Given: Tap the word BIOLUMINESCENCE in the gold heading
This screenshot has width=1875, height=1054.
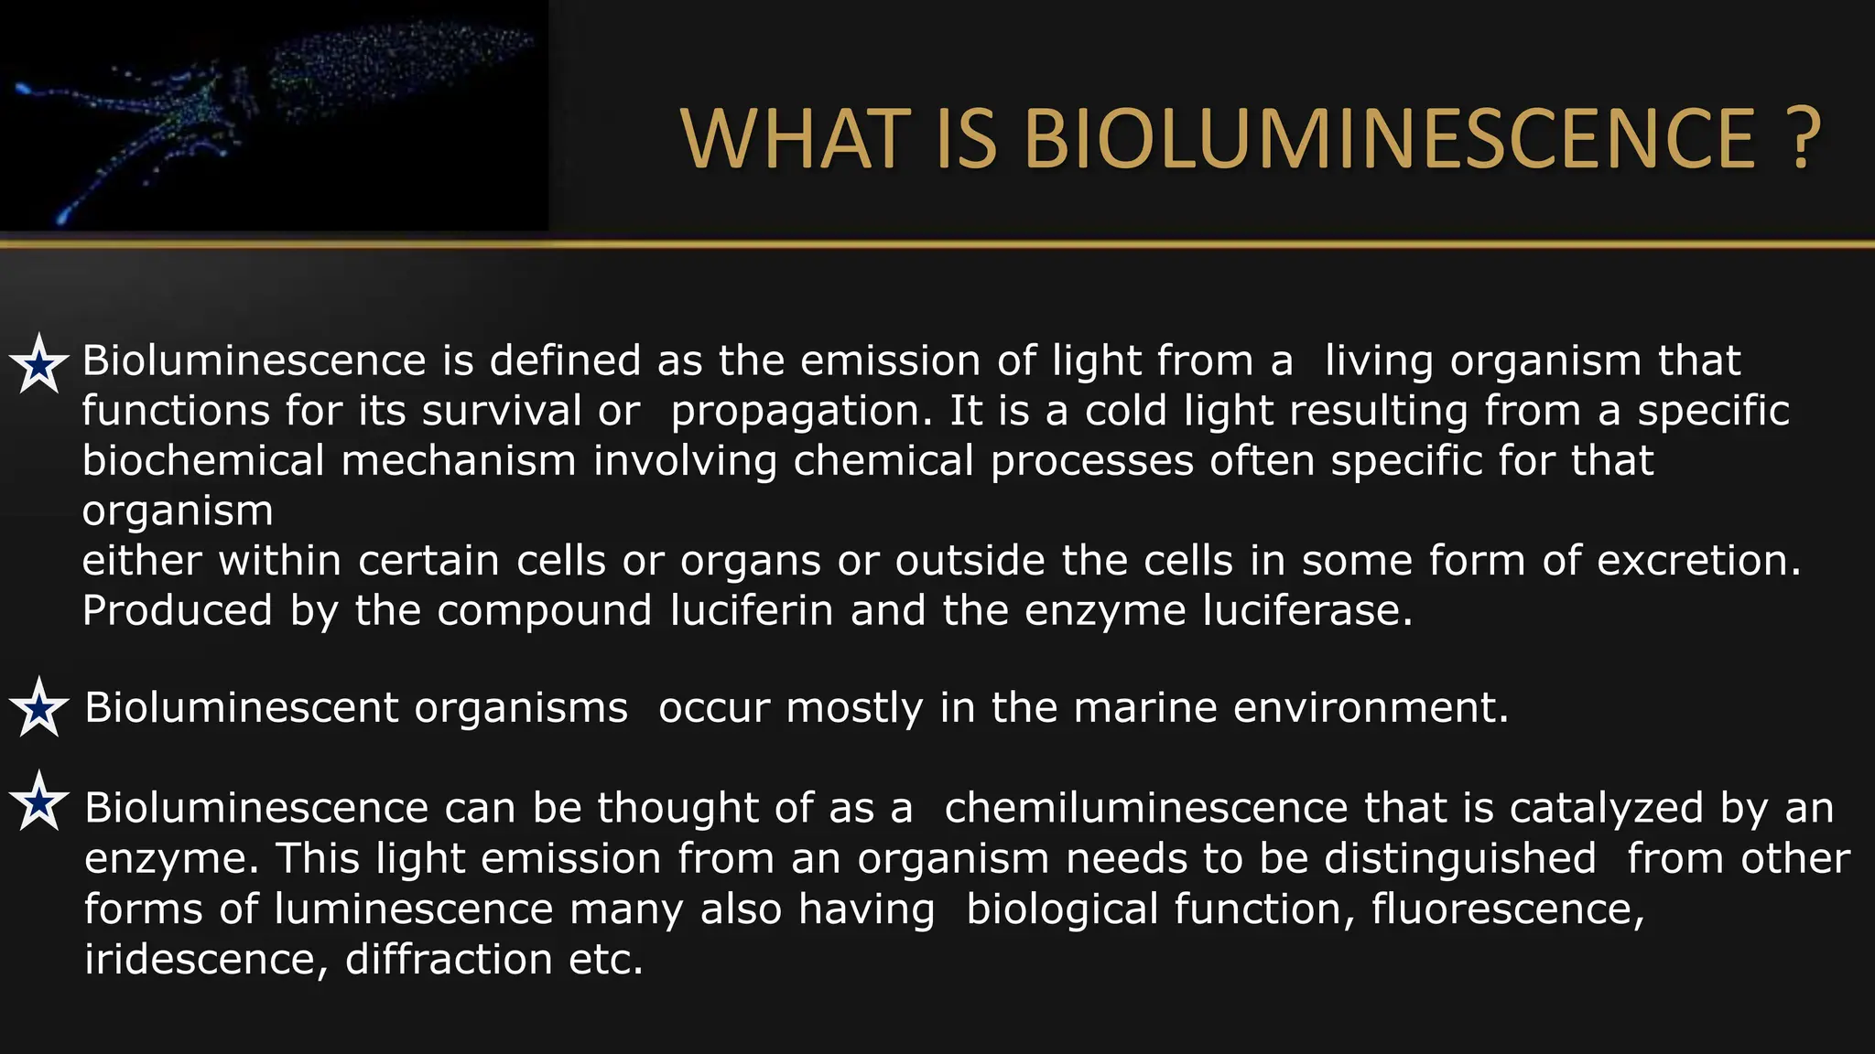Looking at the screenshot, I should pos(1389,140).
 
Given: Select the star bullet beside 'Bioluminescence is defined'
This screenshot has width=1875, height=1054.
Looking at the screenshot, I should pos(39,364).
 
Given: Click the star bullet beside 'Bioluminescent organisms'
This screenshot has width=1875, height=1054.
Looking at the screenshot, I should pos(39,708).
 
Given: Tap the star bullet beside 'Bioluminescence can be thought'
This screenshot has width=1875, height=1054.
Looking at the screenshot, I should pos(39,801).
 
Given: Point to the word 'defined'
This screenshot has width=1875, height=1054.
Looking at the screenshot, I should pos(565,360).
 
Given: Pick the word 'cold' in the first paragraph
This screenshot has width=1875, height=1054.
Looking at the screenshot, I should pos(1126,411).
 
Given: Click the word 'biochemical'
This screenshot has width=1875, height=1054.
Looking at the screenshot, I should pos(203,460).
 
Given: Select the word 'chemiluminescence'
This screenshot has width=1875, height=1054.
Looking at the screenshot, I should pos(1145,808).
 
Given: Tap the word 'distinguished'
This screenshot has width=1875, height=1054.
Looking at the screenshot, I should pos(1459,858).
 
